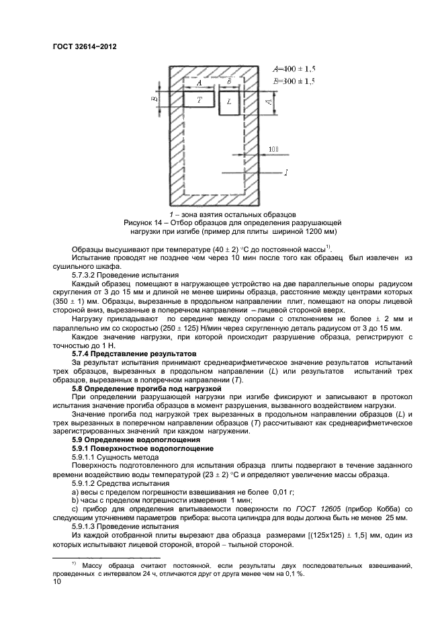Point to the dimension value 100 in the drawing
[273, 149]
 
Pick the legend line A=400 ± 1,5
[294, 69]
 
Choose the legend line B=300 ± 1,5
[294, 81]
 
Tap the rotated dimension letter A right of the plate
[268, 101]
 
